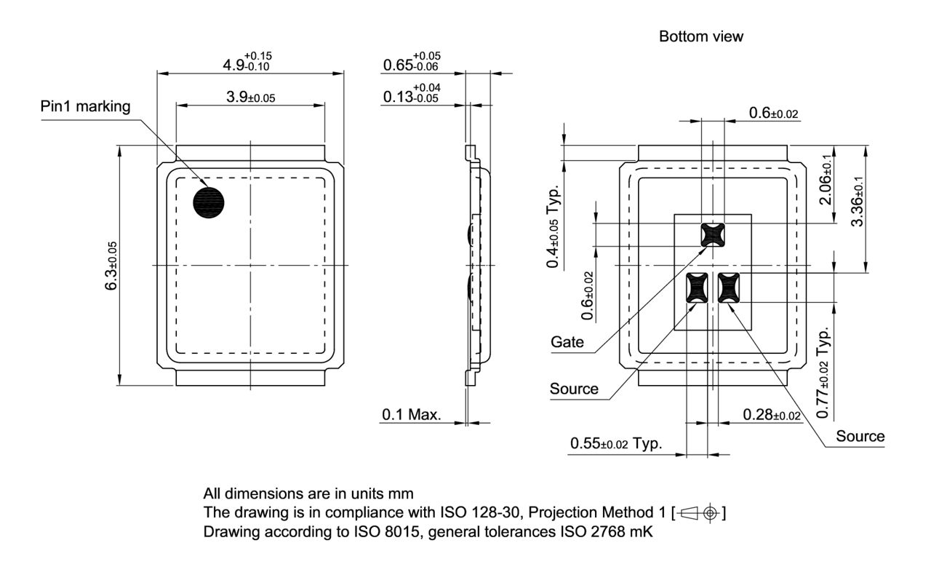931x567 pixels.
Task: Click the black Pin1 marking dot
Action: point(209,202)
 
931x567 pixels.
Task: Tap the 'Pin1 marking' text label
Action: point(86,107)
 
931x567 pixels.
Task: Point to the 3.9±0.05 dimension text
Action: point(249,96)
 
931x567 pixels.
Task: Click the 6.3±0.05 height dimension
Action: point(111,266)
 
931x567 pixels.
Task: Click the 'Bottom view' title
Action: point(700,36)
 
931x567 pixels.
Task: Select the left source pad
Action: point(697,287)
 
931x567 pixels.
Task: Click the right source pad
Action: point(728,287)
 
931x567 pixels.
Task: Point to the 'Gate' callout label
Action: point(567,342)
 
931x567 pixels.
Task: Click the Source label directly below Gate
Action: point(574,389)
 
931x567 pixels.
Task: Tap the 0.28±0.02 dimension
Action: point(772,415)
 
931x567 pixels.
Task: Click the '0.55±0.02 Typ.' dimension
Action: point(616,443)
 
